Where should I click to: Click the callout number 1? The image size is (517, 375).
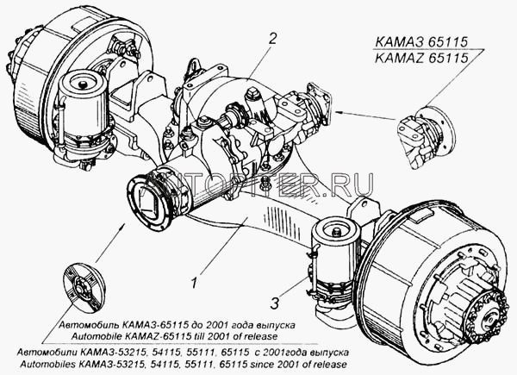(194, 283)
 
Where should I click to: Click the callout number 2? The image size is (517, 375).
(272, 39)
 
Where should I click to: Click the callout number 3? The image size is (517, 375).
(275, 303)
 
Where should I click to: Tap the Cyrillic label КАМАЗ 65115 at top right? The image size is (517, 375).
(421, 42)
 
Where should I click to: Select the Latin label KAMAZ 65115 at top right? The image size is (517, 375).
(421, 58)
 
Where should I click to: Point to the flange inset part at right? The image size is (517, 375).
(426, 138)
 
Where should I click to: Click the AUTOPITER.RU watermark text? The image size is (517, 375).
(258, 185)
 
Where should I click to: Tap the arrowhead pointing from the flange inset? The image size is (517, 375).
(340, 113)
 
